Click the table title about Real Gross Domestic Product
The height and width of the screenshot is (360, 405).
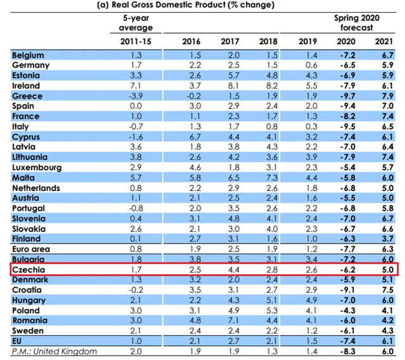pyautogui.click(x=202, y=5)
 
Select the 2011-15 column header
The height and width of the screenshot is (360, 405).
pyautogui.click(x=137, y=41)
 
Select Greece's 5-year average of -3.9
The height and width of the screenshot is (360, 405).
pyautogui.click(x=137, y=96)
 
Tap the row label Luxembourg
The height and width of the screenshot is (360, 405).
pyautogui.click(x=37, y=168)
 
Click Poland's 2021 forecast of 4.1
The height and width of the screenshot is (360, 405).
pyautogui.click(x=389, y=311)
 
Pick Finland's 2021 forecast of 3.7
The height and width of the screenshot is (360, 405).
pyautogui.click(x=389, y=239)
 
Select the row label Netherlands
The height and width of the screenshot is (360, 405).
pyautogui.click(x=36, y=188)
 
